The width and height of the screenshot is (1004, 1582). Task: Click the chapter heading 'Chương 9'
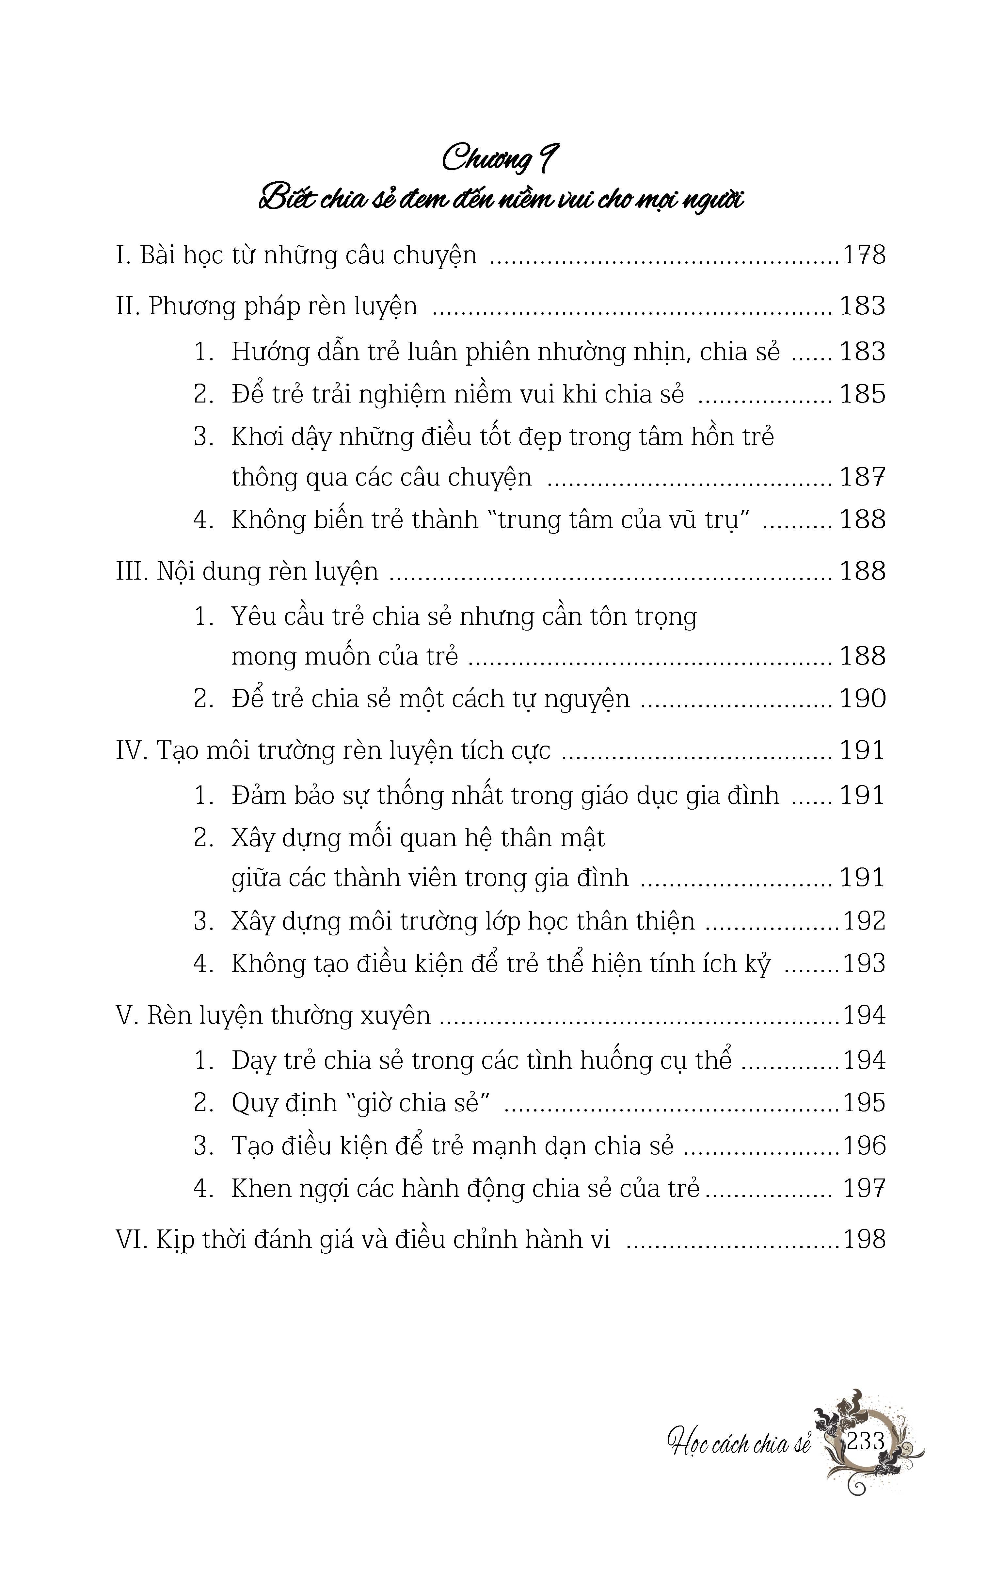500,159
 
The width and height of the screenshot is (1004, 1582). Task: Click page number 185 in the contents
863,394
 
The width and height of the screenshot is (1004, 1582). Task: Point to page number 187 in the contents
863,478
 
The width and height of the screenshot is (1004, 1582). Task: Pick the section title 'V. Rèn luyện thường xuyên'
273,1016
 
